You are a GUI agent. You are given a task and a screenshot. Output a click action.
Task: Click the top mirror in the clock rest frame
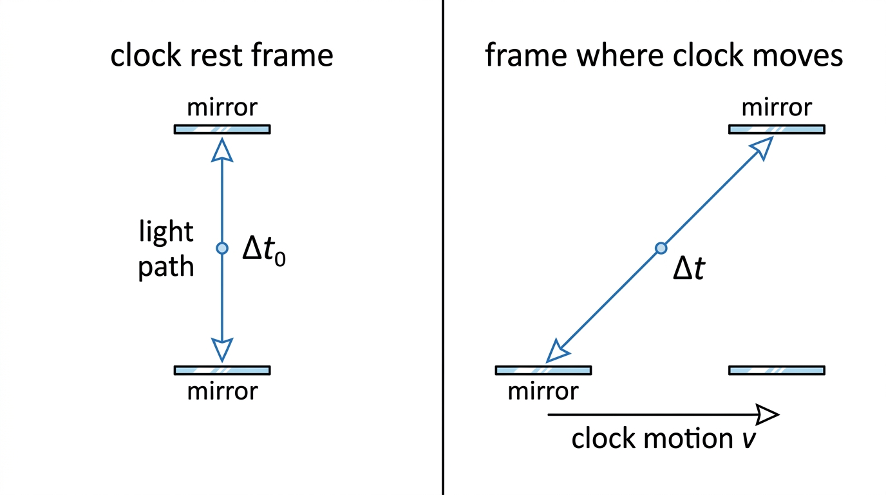(222, 130)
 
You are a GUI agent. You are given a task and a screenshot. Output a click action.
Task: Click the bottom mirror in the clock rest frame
(222, 370)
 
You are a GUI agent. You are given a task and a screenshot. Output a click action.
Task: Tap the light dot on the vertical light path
(222, 248)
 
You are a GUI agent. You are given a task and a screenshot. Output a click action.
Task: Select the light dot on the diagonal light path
(661, 248)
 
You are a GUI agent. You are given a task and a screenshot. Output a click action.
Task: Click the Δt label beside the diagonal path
(689, 269)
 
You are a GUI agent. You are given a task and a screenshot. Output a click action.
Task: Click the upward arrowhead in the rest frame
(222, 150)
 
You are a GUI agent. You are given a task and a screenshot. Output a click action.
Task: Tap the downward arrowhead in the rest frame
(222, 350)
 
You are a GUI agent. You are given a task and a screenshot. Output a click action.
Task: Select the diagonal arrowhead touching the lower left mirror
(557, 352)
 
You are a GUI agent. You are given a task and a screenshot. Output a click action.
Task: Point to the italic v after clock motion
(749, 440)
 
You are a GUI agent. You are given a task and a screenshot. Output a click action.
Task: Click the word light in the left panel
(166, 232)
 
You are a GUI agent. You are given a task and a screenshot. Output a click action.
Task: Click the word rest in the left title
(216, 55)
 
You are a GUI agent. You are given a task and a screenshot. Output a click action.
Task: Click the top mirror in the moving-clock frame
(777, 130)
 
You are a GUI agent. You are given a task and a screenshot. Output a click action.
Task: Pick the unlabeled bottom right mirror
(777, 370)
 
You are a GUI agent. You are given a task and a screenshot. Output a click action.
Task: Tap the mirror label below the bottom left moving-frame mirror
(543, 391)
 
